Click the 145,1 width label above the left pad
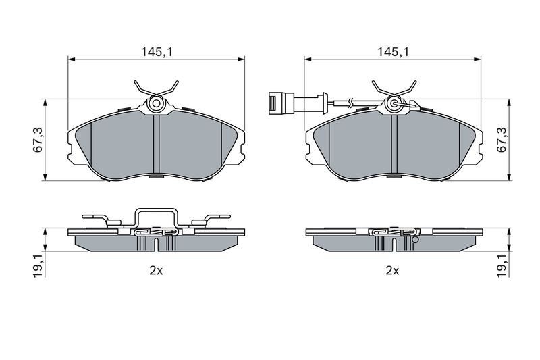pos(156,52)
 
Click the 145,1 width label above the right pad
pos(393,52)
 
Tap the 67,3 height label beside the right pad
pos(502,140)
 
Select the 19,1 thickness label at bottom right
pos(502,265)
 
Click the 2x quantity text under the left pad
pos(156,271)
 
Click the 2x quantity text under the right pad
pos(393,271)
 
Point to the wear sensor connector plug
pos(281,102)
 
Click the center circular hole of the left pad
pos(156,103)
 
